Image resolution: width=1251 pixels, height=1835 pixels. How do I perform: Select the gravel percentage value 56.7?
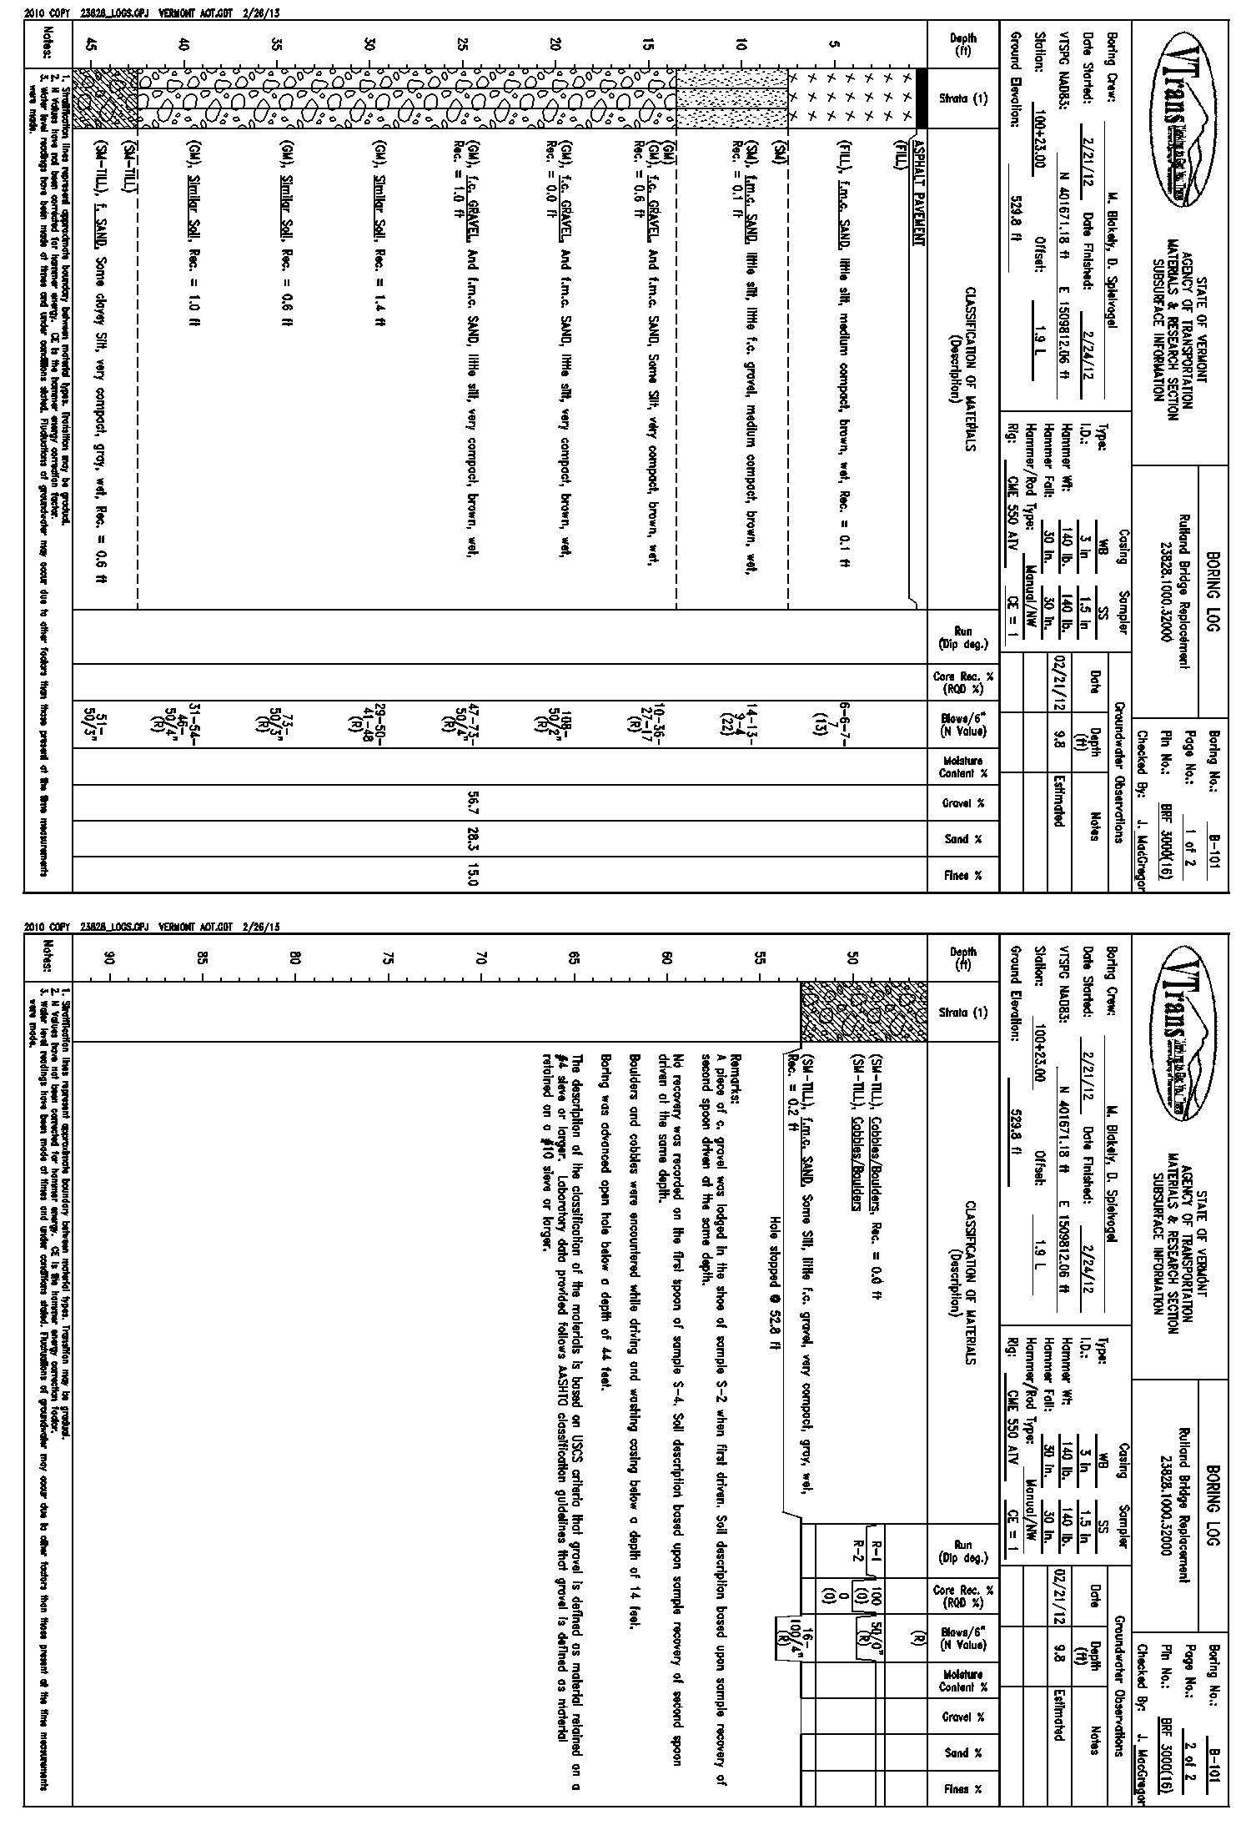tap(475, 803)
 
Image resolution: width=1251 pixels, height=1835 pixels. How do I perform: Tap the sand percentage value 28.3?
tap(475, 839)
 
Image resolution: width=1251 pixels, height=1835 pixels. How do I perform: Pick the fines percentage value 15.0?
tap(475, 875)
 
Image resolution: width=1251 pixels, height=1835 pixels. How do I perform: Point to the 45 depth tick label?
tap(91, 47)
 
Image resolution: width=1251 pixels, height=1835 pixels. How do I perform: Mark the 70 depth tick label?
tap(480, 958)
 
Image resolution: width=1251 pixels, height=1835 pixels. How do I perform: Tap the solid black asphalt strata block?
tap(922, 98)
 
